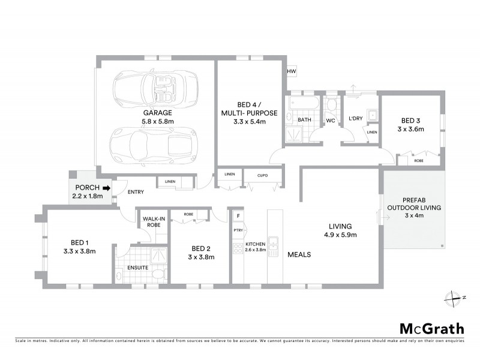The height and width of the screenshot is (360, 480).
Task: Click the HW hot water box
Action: click(292, 72)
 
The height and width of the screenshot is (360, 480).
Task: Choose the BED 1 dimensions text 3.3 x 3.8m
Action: click(79, 251)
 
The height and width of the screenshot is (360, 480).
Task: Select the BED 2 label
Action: click(201, 248)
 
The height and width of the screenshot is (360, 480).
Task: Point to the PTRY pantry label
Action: click(237, 230)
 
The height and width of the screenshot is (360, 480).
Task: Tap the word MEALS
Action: click(298, 254)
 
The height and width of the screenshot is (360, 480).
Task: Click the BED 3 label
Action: click(410, 125)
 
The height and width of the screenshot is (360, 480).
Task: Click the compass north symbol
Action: click(451, 297)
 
